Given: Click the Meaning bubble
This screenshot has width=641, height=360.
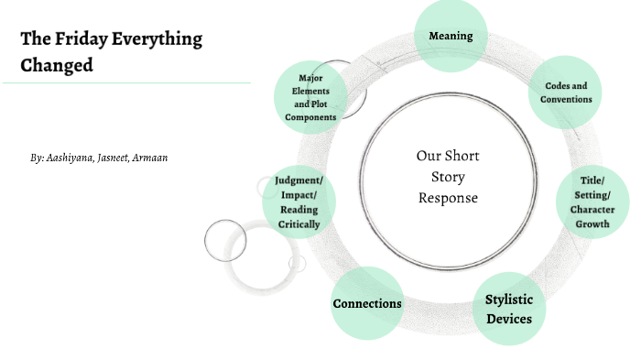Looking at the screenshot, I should coord(451,36).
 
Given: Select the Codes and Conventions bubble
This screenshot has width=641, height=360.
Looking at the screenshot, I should coord(568,92).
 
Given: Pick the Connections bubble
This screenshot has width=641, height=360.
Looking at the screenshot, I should coord(366,303).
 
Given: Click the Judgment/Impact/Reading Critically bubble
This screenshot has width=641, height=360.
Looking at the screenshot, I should coord(299,202).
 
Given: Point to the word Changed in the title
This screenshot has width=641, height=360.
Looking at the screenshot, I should coord(57,66).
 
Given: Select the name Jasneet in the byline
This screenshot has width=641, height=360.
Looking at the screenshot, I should coord(119,158).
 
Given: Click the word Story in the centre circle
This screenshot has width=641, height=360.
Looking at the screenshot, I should coord(448,177).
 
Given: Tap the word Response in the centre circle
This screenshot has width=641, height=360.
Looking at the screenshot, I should coord(448,197).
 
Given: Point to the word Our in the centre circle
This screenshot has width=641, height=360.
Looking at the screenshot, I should coord(429,156).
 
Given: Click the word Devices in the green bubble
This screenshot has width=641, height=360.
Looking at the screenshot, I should coord(508,319).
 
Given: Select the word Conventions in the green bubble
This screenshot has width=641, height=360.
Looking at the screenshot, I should coord(568,98).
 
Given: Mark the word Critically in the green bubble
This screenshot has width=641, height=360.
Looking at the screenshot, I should coord(299,224).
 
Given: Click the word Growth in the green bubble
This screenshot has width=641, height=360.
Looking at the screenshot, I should coord(592,223).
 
